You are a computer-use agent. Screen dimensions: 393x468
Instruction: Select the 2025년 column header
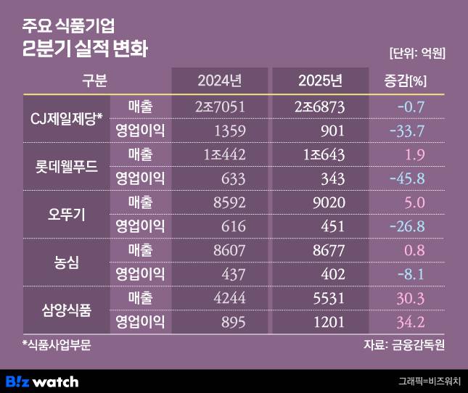pos(320,79)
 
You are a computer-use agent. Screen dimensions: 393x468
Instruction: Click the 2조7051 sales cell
pos(223,107)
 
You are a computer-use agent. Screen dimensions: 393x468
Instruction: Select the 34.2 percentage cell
pos(410,322)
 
